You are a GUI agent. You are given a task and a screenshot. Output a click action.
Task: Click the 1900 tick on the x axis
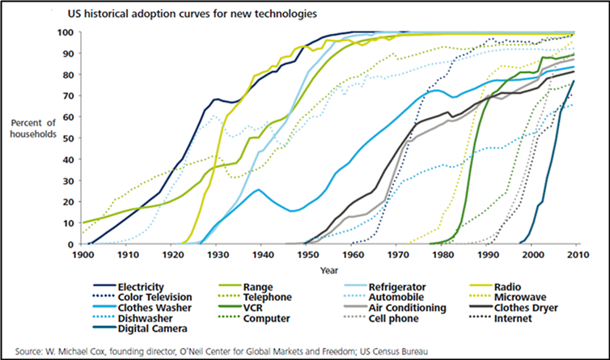[83, 256]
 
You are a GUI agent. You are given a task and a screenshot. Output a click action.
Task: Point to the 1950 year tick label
[307, 256]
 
